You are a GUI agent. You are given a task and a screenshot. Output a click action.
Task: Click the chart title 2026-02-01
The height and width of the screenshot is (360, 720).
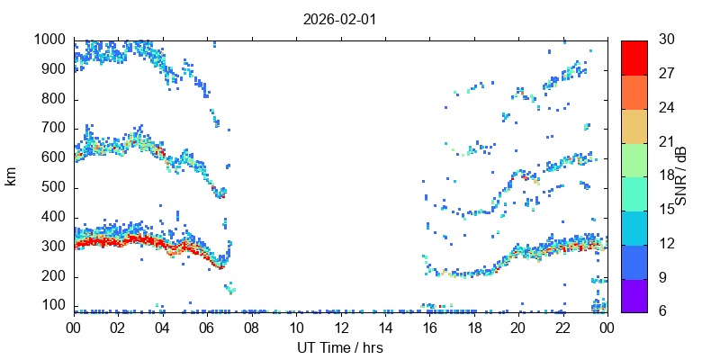(x=340, y=18)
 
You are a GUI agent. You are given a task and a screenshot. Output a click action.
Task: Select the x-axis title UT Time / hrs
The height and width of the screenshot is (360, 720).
(x=340, y=346)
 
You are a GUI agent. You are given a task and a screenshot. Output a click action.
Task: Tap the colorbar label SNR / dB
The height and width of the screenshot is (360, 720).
(x=681, y=175)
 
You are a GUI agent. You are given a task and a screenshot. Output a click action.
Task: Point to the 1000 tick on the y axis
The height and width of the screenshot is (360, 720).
(x=48, y=40)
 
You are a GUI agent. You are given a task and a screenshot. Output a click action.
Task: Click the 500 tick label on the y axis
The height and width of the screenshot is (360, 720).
(x=51, y=188)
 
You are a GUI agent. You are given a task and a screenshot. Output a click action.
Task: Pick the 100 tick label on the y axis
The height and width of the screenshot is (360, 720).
(x=51, y=306)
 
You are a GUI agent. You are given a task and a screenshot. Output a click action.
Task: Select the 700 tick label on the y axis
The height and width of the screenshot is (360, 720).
(x=51, y=129)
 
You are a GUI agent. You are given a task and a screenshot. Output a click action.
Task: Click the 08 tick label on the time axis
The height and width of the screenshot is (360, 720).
(x=251, y=328)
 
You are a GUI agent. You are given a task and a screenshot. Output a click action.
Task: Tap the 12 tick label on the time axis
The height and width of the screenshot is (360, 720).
(x=340, y=328)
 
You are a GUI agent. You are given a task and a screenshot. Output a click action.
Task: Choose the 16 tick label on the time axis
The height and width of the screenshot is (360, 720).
(x=429, y=328)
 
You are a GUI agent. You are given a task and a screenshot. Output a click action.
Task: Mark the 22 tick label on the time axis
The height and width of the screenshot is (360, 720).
(x=562, y=328)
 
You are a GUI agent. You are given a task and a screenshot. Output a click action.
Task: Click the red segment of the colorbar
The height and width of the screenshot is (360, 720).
(x=634, y=57)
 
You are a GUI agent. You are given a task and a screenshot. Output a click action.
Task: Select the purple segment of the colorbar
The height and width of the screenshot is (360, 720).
(x=634, y=295)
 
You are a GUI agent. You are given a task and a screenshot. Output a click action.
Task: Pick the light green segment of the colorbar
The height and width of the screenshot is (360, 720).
(x=634, y=159)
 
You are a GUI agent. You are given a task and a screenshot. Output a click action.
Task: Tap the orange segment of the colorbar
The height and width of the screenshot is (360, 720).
(x=634, y=91)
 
